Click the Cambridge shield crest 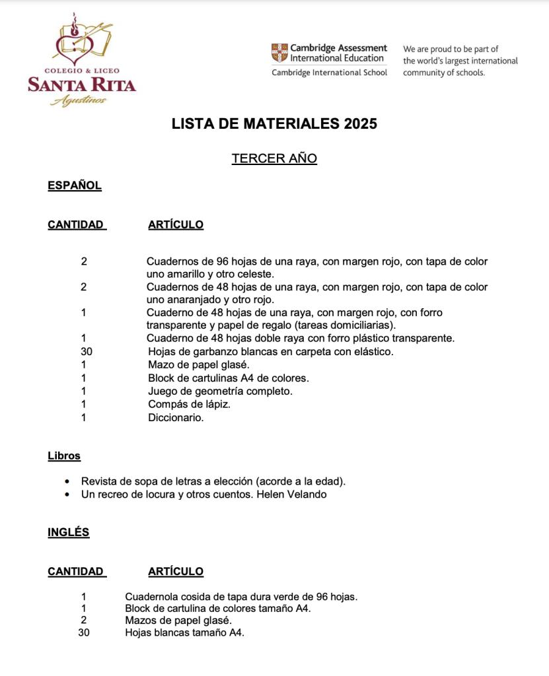279,53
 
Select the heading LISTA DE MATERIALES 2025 274,123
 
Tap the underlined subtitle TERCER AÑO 274,158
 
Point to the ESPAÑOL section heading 75,186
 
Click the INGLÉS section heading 69,532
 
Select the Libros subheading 64,456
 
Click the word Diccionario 176,418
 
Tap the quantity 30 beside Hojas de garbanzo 86,352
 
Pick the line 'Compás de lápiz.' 189,405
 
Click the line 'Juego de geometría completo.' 220,391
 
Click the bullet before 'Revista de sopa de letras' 69,481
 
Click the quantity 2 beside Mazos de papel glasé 84,621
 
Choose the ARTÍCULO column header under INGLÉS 176,572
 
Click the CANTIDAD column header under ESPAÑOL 76,224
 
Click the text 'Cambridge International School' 329,73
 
